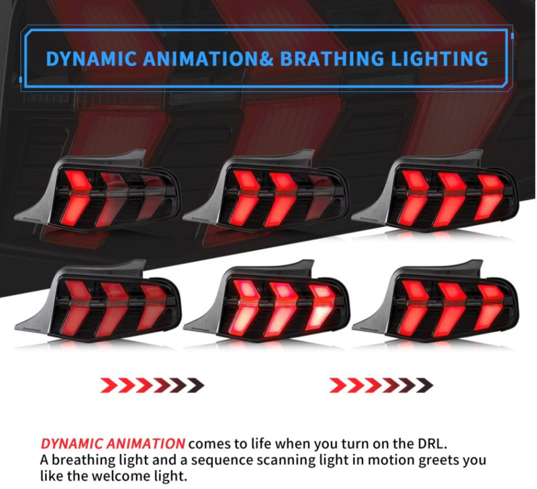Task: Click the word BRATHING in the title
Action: click(332, 58)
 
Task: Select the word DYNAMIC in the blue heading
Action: click(91, 58)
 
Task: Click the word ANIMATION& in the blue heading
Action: click(209, 58)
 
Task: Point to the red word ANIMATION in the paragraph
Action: click(146, 444)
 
